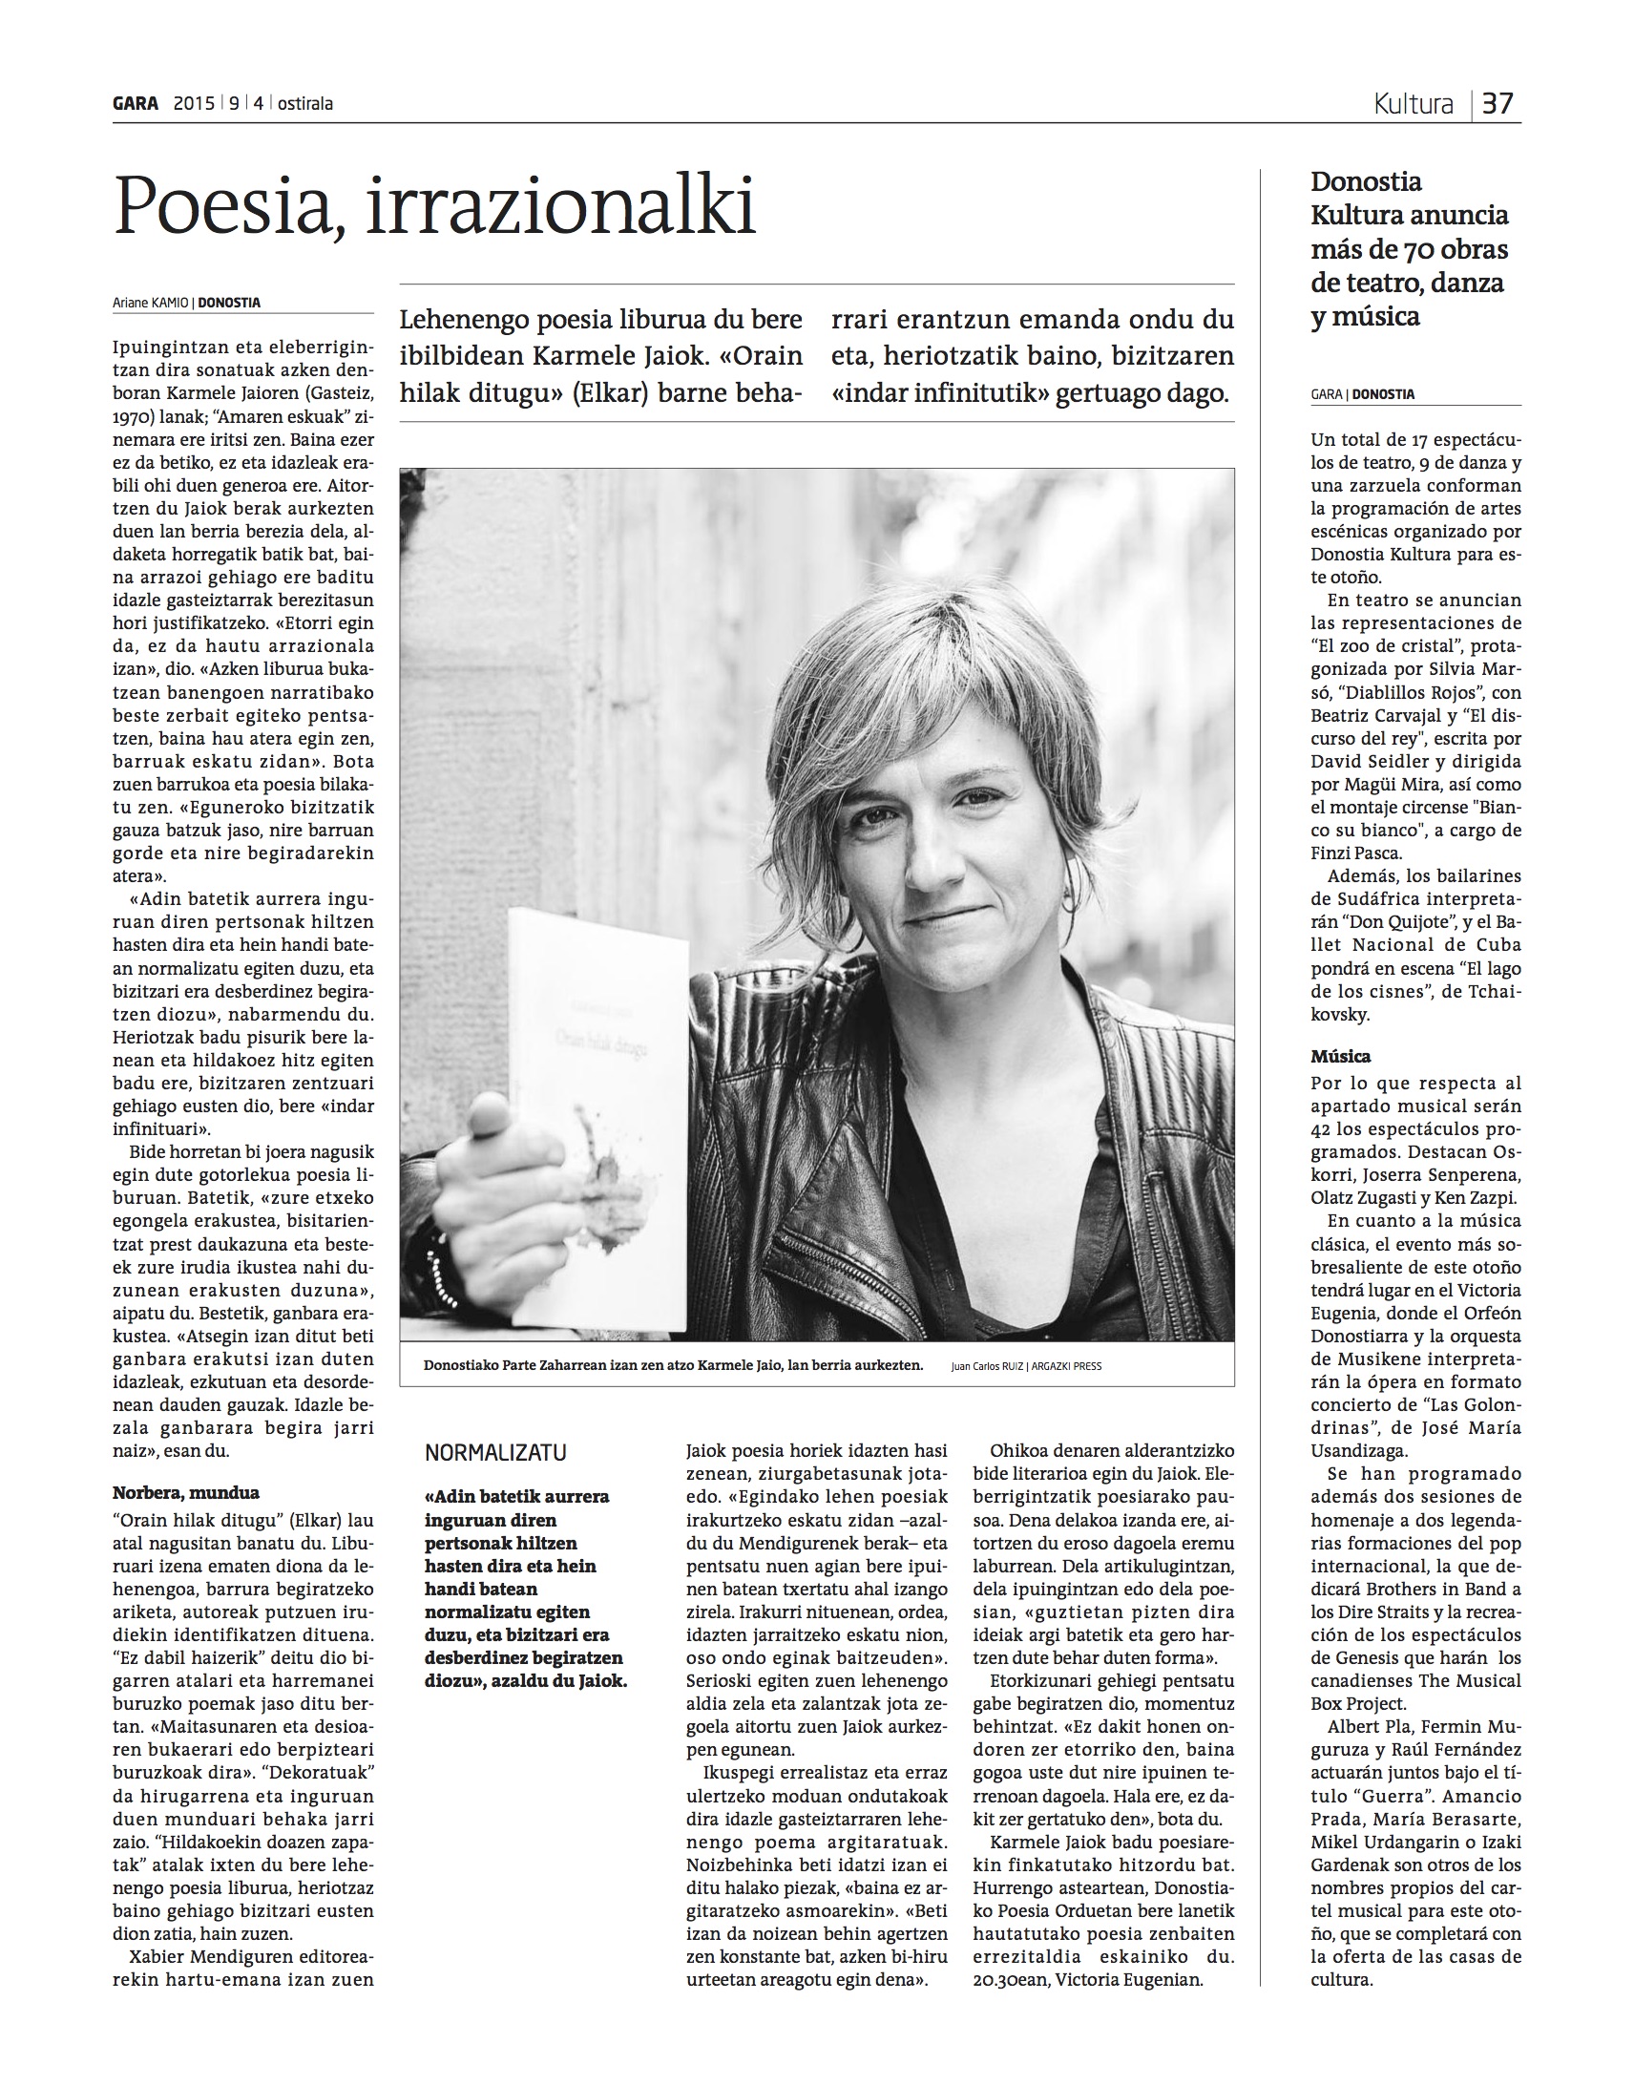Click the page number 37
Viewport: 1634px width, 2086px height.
pos(1499,103)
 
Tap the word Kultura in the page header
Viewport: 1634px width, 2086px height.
pos(1413,103)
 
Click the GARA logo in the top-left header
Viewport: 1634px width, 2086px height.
pos(135,103)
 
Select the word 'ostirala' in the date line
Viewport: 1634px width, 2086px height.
pos(305,103)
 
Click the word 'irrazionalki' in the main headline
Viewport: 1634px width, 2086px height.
pos(560,205)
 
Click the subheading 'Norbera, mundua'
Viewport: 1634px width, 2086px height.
pos(185,1492)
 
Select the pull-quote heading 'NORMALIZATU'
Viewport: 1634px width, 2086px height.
pos(495,1451)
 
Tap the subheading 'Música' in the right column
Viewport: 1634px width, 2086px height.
pos(1340,1057)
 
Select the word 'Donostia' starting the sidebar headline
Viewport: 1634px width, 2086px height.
pos(1366,181)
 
